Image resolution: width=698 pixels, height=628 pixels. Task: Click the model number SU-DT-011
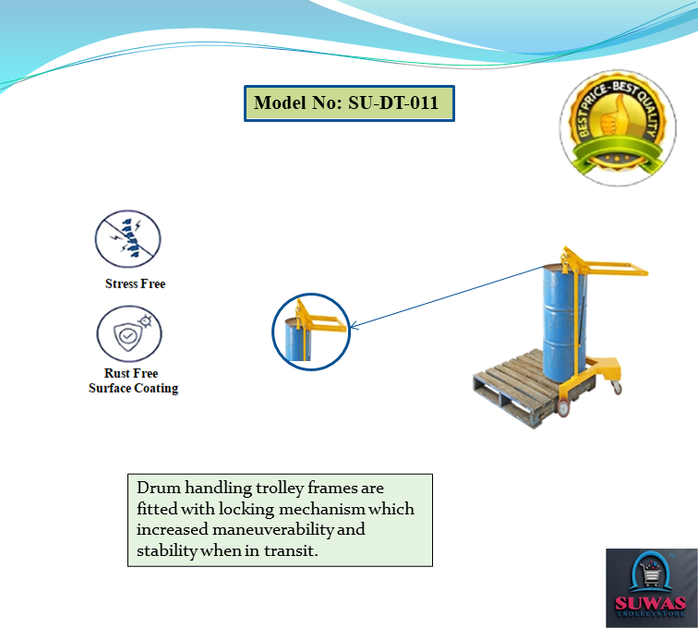(x=393, y=103)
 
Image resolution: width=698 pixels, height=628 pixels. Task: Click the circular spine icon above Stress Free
(x=128, y=239)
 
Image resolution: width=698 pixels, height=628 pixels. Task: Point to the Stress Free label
(x=135, y=284)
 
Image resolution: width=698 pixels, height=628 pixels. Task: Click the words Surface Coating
(x=133, y=389)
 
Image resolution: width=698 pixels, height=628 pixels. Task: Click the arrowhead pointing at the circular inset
(x=355, y=324)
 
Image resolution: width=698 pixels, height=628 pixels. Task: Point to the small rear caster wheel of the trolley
(x=617, y=389)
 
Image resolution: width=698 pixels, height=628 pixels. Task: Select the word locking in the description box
(x=223, y=509)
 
